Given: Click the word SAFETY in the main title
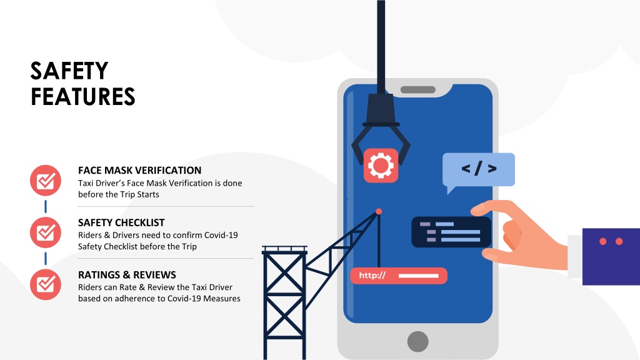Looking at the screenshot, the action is click(69, 71).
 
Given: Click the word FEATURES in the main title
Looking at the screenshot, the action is click(83, 97).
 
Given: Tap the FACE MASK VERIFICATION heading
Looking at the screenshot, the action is click(139, 170).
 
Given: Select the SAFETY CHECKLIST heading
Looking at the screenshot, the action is click(121, 222).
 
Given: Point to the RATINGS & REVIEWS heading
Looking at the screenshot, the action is click(127, 275).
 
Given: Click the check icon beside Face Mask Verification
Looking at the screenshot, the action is click(46, 181).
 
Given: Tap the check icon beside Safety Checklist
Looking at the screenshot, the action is click(46, 232).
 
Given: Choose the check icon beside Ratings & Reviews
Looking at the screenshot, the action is click(46, 284).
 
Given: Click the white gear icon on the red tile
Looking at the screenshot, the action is click(381, 166).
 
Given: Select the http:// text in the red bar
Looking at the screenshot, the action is click(372, 276).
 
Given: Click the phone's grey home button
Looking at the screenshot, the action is click(417, 341).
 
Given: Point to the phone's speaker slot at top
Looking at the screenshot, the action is click(417, 90).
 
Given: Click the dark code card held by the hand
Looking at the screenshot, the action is click(451, 232).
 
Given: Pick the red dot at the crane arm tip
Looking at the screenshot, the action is click(379, 211).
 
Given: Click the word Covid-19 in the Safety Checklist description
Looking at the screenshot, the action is click(221, 235).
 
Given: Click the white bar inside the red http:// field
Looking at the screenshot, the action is click(418, 276).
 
